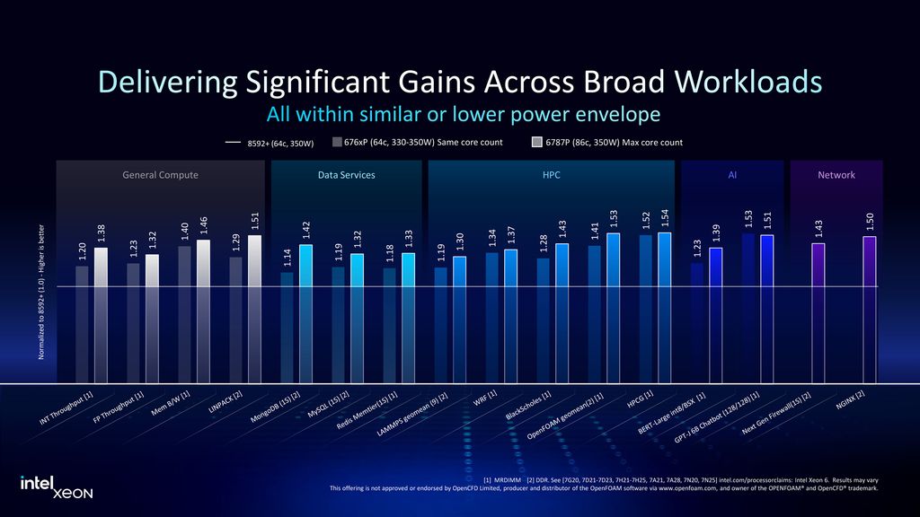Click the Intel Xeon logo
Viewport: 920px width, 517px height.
(56, 486)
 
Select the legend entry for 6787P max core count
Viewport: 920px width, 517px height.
(607, 142)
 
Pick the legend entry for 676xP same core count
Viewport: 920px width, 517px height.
(417, 142)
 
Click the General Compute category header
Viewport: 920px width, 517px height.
(160, 175)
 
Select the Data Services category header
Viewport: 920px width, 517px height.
(346, 175)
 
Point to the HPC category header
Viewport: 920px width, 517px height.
(551, 175)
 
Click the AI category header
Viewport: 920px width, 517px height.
(732, 175)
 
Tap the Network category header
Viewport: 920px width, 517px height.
(836, 175)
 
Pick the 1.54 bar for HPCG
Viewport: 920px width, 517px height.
(665, 306)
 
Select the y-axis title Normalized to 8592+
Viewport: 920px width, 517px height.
(41, 293)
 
